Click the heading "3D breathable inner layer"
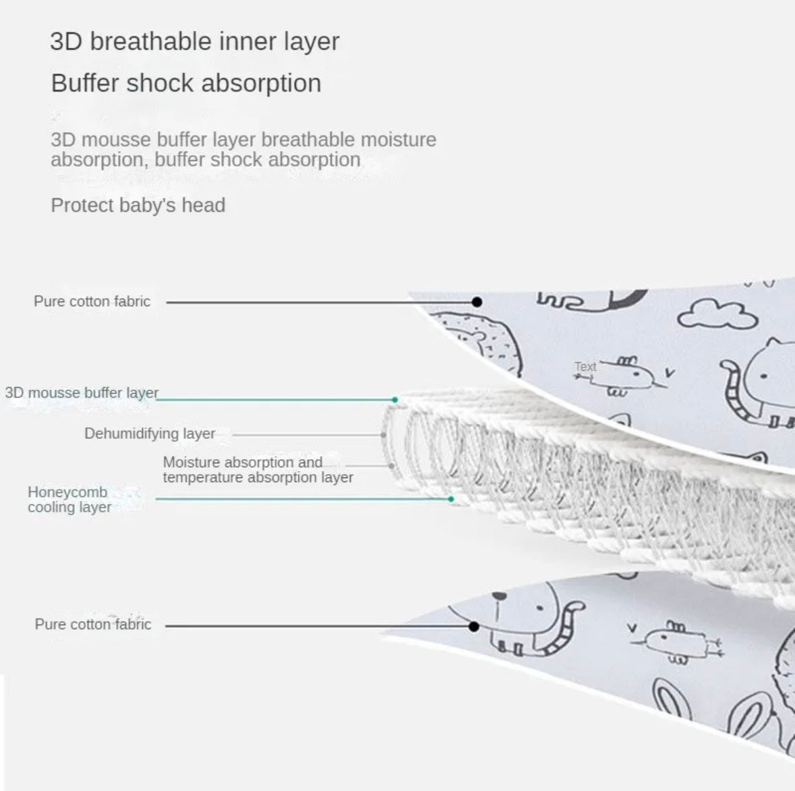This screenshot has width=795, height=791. [195, 42]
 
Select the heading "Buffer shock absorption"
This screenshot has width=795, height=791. [186, 83]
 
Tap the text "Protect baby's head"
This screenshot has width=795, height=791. [138, 206]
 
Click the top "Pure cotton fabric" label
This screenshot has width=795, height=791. [92, 301]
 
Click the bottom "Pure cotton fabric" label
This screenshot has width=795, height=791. [93, 624]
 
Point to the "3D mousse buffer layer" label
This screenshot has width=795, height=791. [82, 393]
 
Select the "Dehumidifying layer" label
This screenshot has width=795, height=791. [150, 434]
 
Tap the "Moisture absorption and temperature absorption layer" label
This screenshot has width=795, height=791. [258, 469]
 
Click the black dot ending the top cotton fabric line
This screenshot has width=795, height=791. [477, 302]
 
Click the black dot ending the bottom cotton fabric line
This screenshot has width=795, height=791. [474, 626]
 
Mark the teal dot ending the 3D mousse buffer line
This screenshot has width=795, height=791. [395, 400]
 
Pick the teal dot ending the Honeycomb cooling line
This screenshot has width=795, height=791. [450, 500]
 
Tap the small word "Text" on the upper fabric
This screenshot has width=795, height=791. [585, 366]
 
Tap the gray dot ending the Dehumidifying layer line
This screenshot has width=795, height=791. [383, 435]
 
